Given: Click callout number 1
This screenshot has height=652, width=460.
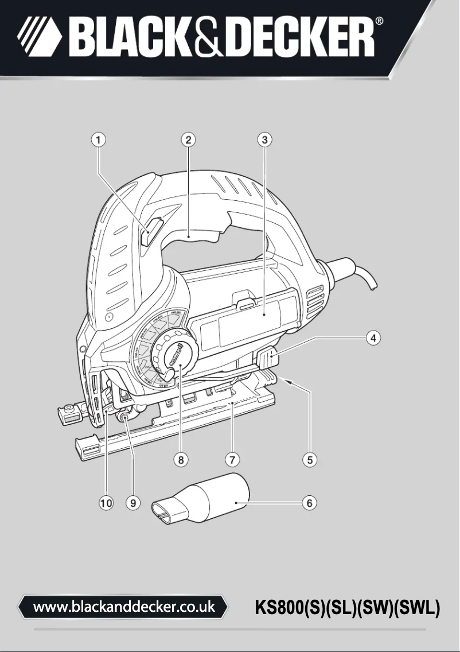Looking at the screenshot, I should click(x=99, y=139).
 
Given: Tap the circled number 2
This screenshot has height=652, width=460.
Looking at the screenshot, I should click(x=188, y=139).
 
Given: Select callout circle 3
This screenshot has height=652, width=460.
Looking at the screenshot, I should click(x=263, y=139).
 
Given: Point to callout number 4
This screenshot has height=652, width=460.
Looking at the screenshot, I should click(x=373, y=337).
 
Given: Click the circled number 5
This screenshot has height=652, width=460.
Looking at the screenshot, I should click(x=310, y=459).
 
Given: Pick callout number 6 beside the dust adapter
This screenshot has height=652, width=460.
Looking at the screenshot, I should click(x=310, y=503).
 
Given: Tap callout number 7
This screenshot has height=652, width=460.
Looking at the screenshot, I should click(x=232, y=459).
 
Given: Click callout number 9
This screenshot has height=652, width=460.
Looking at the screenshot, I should click(x=132, y=503).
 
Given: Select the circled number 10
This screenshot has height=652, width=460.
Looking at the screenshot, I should click(x=106, y=503).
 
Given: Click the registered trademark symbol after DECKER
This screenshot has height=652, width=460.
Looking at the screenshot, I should click(x=380, y=22).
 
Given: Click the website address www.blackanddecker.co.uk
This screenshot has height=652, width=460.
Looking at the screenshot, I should click(x=124, y=606).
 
